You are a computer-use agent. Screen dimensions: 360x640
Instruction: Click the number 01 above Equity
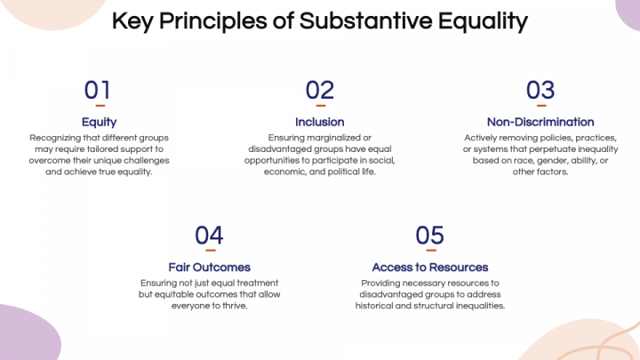(98, 90)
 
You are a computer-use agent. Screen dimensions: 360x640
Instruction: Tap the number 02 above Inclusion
(319, 90)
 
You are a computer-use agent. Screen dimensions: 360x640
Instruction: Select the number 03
(540, 90)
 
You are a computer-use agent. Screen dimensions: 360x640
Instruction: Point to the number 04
(209, 235)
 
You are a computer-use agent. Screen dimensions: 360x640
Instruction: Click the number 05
(429, 235)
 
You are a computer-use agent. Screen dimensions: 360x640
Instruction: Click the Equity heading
(99, 122)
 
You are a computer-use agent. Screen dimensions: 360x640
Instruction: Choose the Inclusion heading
(319, 122)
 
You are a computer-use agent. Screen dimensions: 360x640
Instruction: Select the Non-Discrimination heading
(540, 122)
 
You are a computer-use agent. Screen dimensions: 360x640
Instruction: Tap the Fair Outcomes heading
(209, 267)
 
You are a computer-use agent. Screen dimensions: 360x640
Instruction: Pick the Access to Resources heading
(429, 267)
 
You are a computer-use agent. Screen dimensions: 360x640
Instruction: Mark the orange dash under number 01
(99, 106)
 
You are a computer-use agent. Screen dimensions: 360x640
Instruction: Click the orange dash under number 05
(429, 251)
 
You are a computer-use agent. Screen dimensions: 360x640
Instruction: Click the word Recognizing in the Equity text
(56, 138)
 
